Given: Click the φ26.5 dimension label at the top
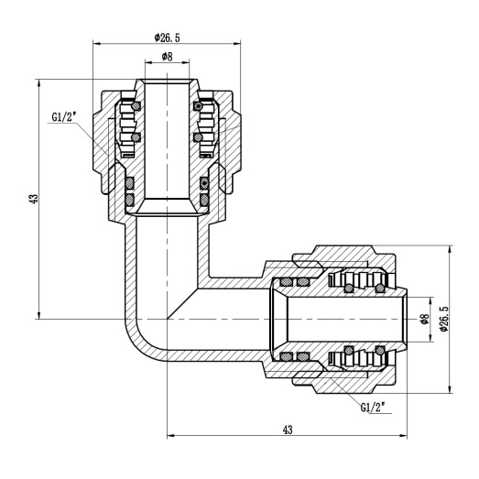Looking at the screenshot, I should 167,38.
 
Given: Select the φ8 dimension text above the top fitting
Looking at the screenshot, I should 167,58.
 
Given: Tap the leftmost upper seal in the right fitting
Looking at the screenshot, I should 287,281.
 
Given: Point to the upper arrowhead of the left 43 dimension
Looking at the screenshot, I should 38,82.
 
